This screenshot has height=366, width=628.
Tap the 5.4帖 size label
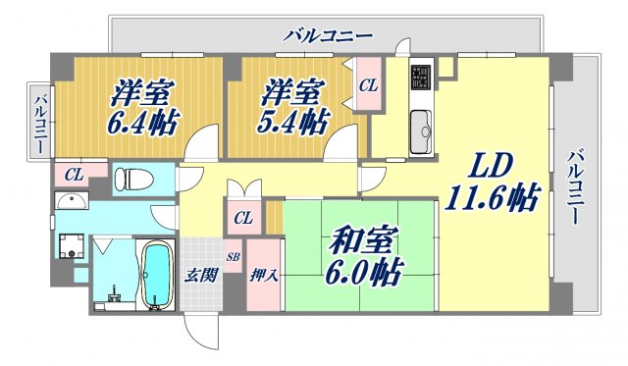(x=293, y=122)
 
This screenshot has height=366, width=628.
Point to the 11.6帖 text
(x=494, y=197)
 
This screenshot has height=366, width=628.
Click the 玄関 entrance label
(x=199, y=275)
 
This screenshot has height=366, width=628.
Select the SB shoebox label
(x=233, y=257)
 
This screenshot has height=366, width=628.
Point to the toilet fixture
(x=131, y=180)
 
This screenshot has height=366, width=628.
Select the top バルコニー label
(x=328, y=35)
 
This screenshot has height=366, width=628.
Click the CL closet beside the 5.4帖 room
(x=368, y=85)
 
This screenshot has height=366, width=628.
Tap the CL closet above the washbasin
(x=74, y=174)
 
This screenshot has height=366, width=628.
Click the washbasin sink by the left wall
(x=71, y=202)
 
